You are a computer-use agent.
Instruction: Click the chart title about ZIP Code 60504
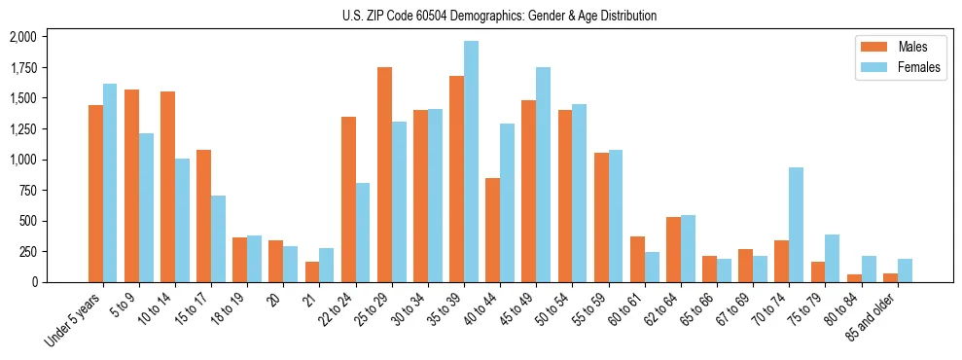499,16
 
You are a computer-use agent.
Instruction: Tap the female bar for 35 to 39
471,162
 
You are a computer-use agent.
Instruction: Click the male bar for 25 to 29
384,175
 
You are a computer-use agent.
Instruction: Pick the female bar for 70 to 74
796,225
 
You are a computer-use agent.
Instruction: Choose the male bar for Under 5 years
95,194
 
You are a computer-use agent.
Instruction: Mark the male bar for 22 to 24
348,199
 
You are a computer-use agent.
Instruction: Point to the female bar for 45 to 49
543,175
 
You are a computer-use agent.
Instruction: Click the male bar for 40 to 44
492,231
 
